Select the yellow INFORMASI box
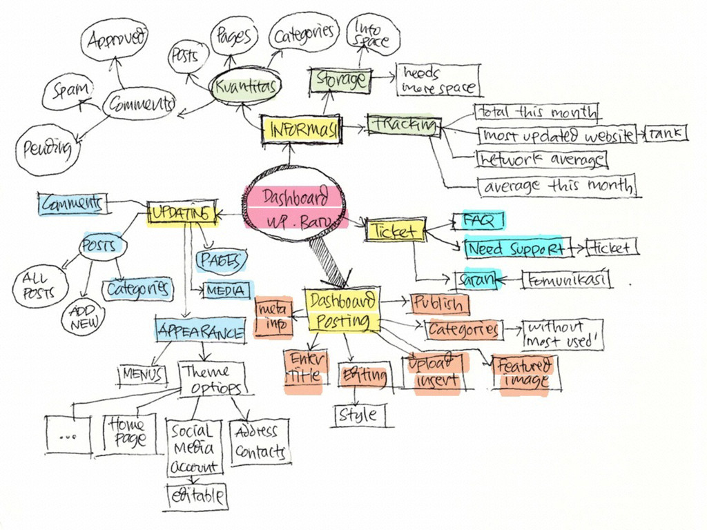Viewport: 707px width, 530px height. coord(302,129)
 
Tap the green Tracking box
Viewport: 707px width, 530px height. coord(404,125)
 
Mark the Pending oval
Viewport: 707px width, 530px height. coord(47,148)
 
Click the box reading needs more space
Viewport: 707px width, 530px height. coord(438,80)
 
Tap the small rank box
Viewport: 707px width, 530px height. coord(666,133)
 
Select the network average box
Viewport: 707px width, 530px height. coord(541,159)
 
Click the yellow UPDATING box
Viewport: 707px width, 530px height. coord(180,213)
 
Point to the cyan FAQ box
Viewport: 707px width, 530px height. coord(478,221)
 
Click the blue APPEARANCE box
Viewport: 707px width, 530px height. coord(200,331)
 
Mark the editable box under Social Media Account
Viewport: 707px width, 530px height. coord(197,495)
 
